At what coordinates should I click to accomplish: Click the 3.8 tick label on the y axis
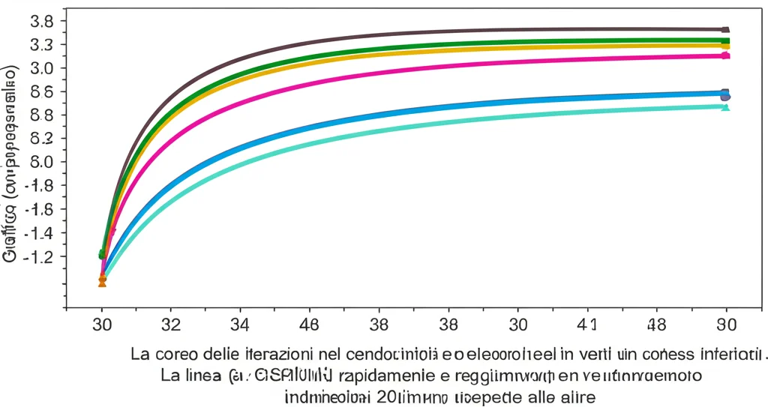pos(41,21)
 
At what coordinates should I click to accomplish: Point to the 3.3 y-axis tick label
pos(41,45)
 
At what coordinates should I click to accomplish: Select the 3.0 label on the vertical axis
pos(41,68)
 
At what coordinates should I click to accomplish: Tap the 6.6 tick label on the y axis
pos(41,92)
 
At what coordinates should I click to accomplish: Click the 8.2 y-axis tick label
pos(41,139)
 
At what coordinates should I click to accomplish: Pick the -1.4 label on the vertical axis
pos(39,233)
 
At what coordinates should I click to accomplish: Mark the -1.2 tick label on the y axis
pos(39,257)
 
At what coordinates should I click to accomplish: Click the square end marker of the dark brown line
pos(725,29)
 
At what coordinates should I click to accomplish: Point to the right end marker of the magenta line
pos(725,55)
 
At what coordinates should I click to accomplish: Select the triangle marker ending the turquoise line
pos(725,107)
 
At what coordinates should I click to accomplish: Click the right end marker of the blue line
pos(725,95)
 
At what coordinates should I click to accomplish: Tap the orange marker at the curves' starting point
pos(102,281)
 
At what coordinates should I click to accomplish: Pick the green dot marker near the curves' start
pos(102,255)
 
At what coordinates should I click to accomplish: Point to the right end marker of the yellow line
pos(725,46)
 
